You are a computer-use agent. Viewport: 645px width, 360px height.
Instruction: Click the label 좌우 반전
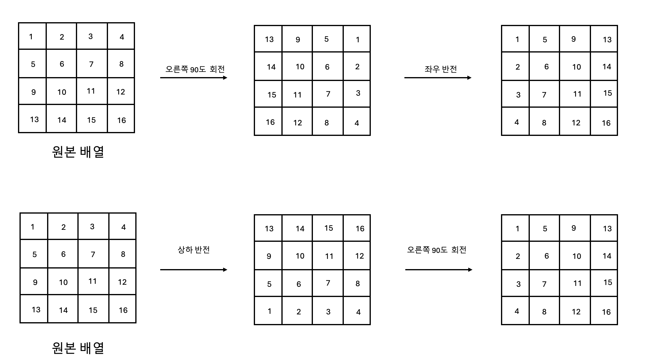[x=440, y=69]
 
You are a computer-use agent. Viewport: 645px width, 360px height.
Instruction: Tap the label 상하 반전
[x=193, y=250]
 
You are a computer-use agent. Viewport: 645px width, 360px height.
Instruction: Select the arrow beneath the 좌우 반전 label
[x=438, y=78]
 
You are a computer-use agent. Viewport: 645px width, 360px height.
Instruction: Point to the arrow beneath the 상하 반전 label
[x=193, y=270]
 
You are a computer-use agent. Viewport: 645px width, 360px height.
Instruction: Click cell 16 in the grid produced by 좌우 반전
[x=606, y=123]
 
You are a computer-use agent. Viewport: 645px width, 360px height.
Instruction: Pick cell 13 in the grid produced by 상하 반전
[x=269, y=229]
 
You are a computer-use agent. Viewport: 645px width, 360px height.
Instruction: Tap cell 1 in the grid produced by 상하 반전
[x=269, y=311]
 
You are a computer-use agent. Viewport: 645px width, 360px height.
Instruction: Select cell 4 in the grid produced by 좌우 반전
[x=517, y=122]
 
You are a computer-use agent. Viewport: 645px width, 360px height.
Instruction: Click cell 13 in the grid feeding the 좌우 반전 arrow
[x=269, y=39]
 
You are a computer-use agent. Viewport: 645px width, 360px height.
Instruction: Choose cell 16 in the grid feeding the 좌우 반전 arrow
[x=270, y=122]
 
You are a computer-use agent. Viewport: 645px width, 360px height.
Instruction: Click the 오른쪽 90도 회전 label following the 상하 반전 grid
[x=436, y=250]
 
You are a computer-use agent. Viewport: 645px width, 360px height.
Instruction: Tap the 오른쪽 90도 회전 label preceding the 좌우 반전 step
[x=195, y=69]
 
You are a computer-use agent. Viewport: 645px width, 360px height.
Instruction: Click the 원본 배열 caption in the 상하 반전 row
[x=78, y=348]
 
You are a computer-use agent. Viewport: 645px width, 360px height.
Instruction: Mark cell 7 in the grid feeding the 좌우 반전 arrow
[x=328, y=94]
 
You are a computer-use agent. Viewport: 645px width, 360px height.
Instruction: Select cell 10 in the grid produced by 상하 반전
[x=300, y=256]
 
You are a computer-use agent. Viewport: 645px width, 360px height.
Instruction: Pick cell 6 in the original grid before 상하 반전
[x=63, y=254]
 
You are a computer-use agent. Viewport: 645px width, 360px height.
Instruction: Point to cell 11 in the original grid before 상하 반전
[x=92, y=281]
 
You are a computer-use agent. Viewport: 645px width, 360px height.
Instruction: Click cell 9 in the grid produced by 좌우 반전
[x=573, y=39]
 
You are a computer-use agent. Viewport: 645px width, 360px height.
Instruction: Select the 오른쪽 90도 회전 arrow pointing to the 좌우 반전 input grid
[x=193, y=78]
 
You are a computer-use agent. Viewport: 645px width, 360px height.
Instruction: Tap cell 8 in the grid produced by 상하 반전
[x=357, y=283]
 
